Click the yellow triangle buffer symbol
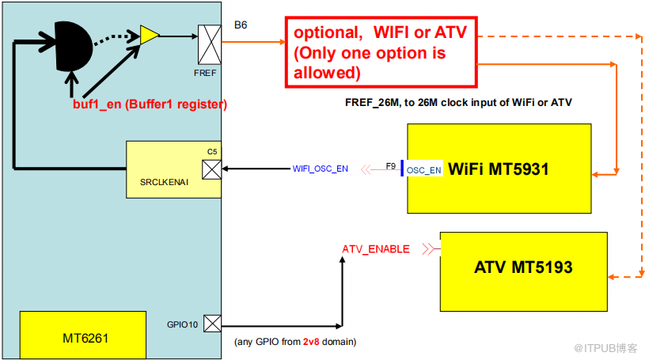(x=149, y=33)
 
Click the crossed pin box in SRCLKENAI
(x=211, y=169)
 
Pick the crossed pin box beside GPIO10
(x=212, y=323)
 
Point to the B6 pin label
(x=241, y=25)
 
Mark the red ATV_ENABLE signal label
(x=376, y=248)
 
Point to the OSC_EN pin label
(x=424, y=170)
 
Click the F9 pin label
(x=391, y=166)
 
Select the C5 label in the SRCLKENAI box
(x=211, y=150)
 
